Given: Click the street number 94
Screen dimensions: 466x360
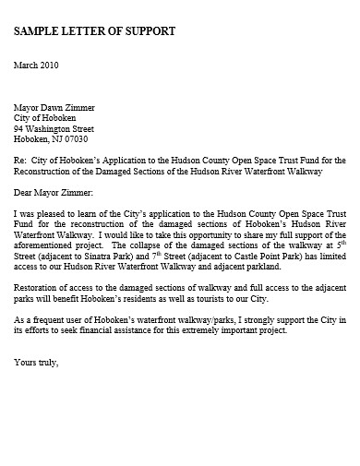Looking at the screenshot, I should click(19, 129).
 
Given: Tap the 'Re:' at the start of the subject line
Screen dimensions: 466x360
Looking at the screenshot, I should click(20, 161).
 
